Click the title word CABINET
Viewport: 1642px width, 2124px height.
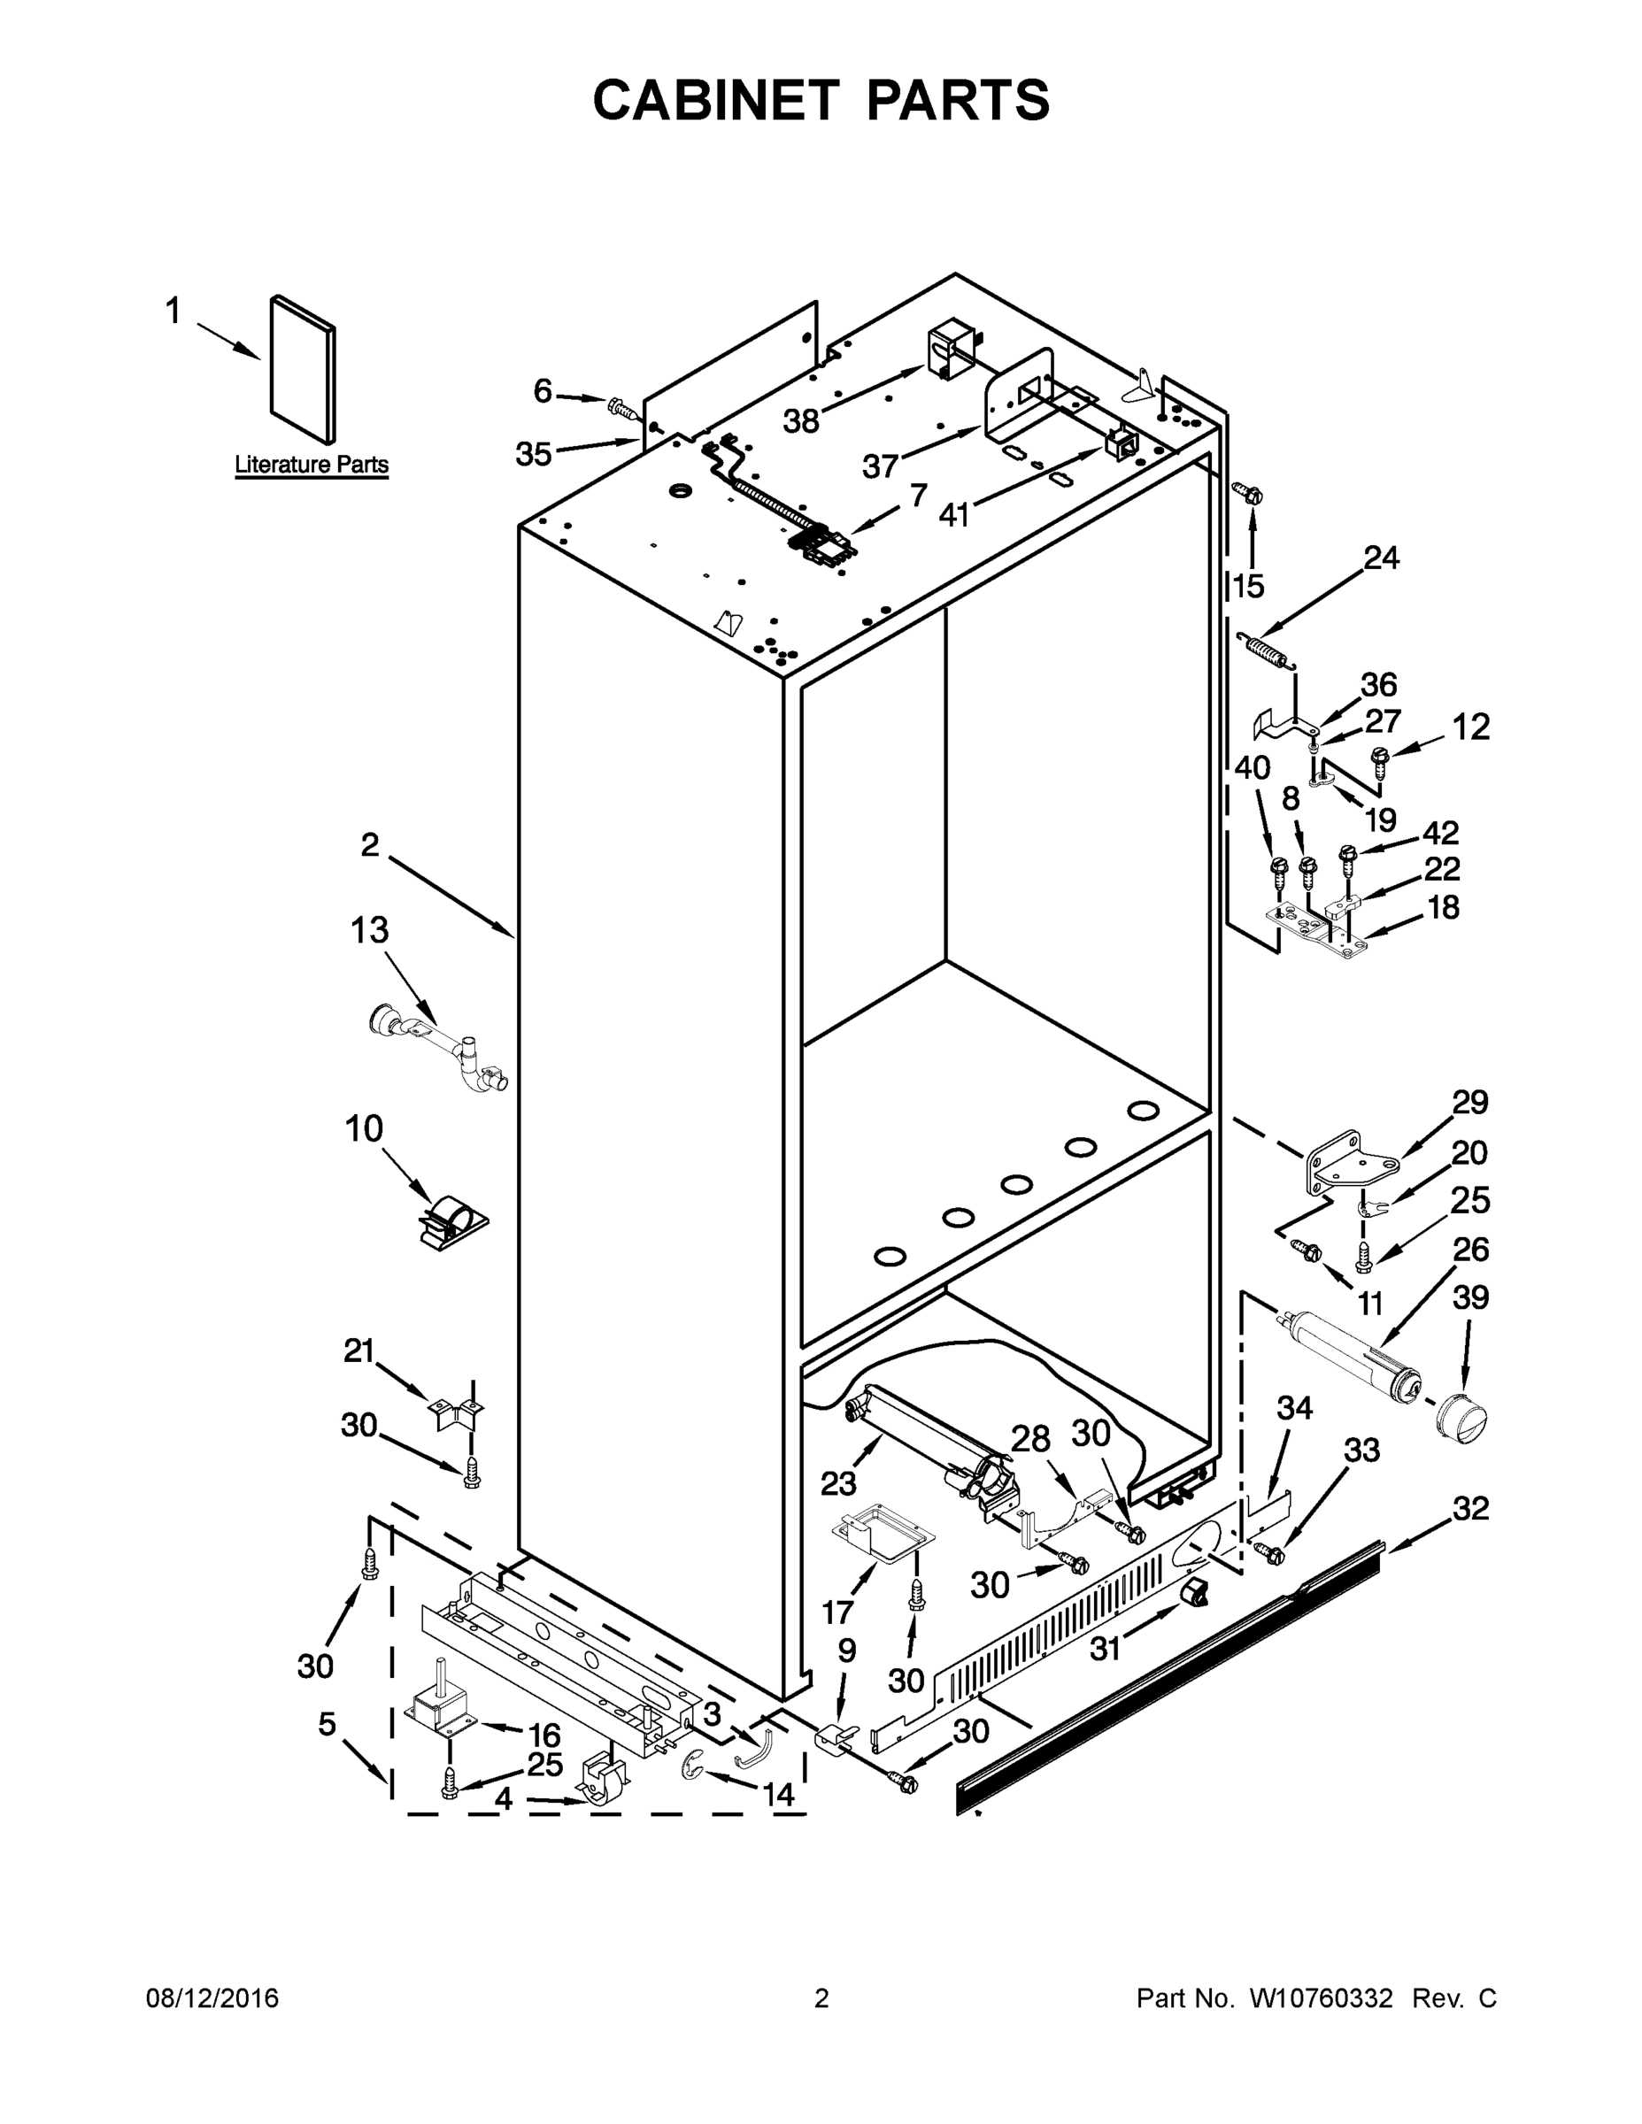tap(715, 100)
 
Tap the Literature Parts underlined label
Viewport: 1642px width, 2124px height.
tap(312, 465)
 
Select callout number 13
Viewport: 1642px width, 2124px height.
tap(370, 930)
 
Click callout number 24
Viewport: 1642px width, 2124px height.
tap(1381, 558)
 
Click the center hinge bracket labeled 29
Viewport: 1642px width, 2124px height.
tap(1345, 1163)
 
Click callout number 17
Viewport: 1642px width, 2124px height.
tap(837, 1613)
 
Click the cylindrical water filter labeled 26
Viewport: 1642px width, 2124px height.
tap(1347, 1351)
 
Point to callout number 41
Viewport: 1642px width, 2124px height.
tap(954, 514)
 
